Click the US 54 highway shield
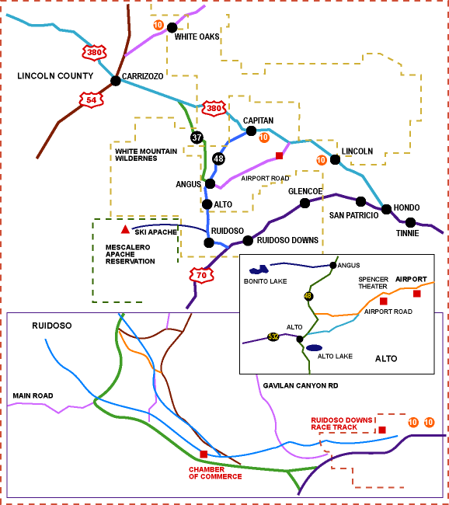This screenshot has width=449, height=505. pyautogui.click(x=91, y=100)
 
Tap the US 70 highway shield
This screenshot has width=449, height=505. pyautogui.click(x=201, y=275)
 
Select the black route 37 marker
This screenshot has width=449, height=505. pyautogui.click(x=197, y=138)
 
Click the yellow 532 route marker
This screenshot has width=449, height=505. pyautogui.click(x=273, y=337)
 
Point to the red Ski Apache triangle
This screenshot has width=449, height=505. pyautogui.click(x=125, y=230)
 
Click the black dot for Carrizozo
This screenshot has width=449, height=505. pyautogui.click(x=116, y=81)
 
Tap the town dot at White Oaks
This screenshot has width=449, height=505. pyautogui.click(x=172, y=28)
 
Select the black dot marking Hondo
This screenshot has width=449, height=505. pyautogui.click(x=386, y=209)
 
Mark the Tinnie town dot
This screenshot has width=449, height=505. pyautogui.click(x=410, y=222)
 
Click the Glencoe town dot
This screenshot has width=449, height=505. pyautogui.click(x=305, y=204)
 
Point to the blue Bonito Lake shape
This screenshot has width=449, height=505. pyautogui.click(x=259, y=270)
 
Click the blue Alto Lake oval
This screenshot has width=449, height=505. pyautogui.click(x=314, y=348)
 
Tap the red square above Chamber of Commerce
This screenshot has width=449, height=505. pyautogui.click(x=204, y=454)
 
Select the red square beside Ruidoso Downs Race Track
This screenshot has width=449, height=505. pyautogui.click(x=382, y=430)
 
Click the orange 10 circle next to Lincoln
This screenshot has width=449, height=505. pyautogui.click(x=321, y=160)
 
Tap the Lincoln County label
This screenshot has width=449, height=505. pyautogui.click(x=55, y=76)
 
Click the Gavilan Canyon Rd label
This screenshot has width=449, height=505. pyautogui.click(x=301, y=386)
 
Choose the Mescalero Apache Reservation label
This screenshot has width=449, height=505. pyautogui.click(x=131, y=254)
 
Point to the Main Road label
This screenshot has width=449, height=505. pyautogui.click(x=33, y=395)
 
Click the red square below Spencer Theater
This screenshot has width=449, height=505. pyautogui.click(x=383, y=301)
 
